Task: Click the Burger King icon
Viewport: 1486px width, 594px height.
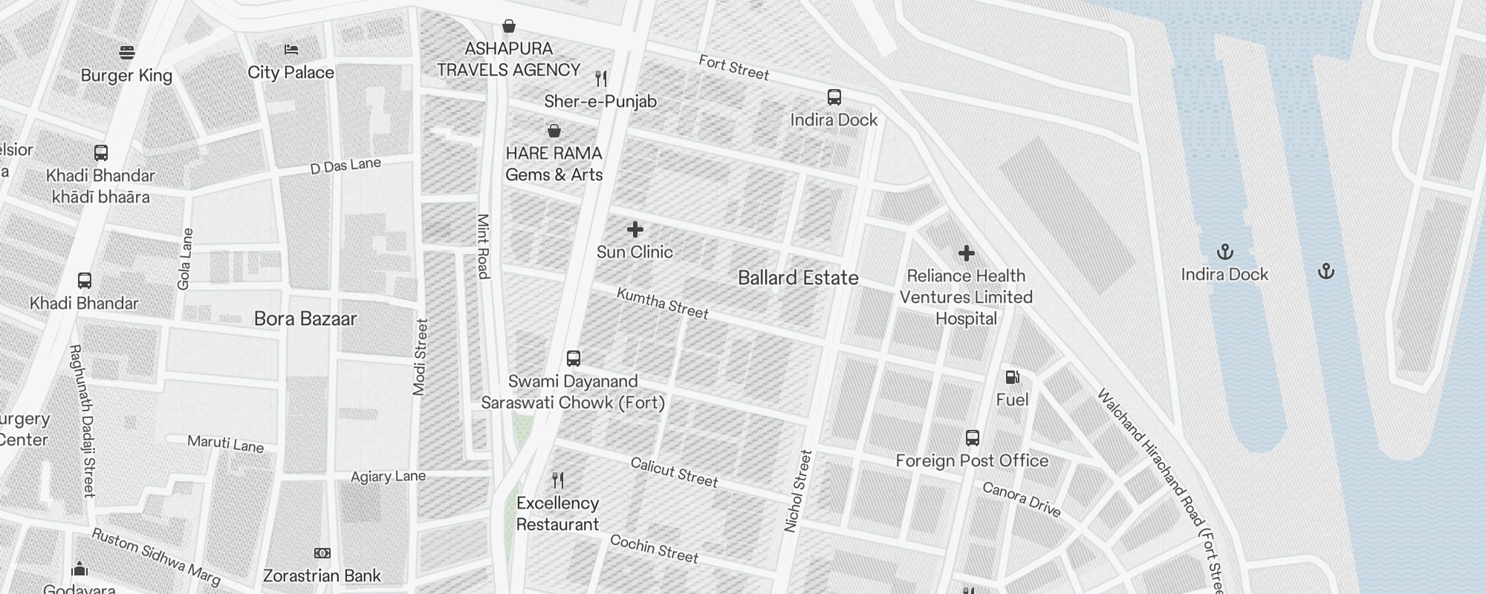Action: click(x=127, y=53)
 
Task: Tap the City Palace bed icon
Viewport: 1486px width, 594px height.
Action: click(x=291, y=50)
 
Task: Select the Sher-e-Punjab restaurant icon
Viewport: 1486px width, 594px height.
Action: click(x=602, y=78)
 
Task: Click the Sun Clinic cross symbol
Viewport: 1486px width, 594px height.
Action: click(x=635, y=229)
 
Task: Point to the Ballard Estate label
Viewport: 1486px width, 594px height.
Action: click(x=798, y=278)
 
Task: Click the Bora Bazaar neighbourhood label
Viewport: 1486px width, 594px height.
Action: click(x=305, y=319)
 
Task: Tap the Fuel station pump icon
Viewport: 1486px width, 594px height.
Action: click(x=1012, y=377)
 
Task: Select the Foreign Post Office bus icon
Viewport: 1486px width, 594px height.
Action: click(x=972, y=438)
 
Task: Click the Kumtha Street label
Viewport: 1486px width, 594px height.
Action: click(x=663, y=304)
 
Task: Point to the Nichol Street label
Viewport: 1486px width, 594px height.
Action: click(x=799, y=491)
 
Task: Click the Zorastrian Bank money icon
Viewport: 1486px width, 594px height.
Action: click(x=322, y=553)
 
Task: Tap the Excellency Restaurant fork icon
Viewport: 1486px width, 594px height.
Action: click(x=558, y=480)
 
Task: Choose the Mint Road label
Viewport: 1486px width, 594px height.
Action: click(x=483, y=247)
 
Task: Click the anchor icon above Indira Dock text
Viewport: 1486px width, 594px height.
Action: click(x=1224, y=252)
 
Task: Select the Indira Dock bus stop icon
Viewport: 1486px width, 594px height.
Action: click(x=834, y=97)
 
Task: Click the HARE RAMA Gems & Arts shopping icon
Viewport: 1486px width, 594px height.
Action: click(x=554, y=131)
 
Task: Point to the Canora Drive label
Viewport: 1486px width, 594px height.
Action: click(x=1021, y=500)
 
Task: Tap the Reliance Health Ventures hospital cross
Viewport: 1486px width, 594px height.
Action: click(x=966, y=254)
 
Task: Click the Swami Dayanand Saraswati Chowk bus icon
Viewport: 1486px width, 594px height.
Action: click(x=573, y=359)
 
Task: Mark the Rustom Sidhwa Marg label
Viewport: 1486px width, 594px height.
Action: click(x=156, y=557)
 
